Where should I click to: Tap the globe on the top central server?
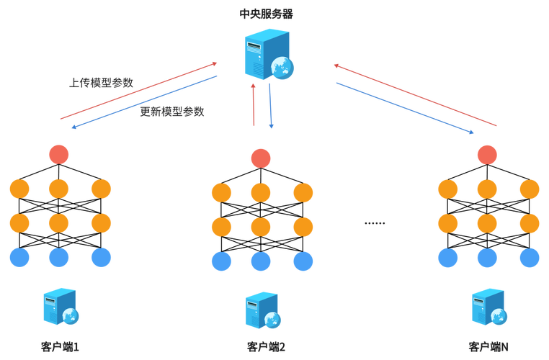tap(283, 69)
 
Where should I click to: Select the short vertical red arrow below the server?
tap(253, 105)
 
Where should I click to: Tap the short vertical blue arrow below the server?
tap(271, 105)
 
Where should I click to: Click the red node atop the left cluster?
tap(58, 153)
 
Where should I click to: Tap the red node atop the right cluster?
tap(488, 153)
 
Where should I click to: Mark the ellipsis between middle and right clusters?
tap(375, 224)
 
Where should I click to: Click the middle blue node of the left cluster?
tap(58, 256)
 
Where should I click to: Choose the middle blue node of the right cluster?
tap(488, 256)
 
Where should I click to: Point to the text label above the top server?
tap(266, 13)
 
